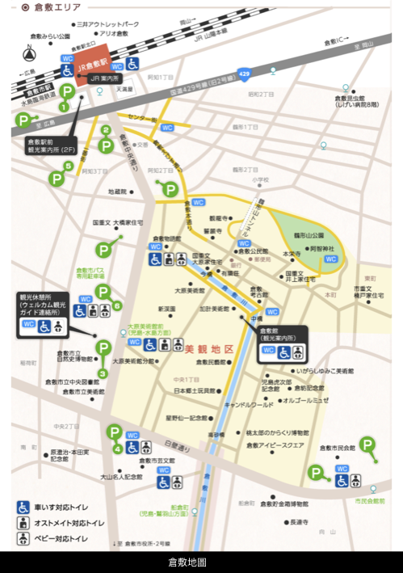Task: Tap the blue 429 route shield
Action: (x=245, y=73)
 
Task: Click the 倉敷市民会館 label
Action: (x=337, y=446)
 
